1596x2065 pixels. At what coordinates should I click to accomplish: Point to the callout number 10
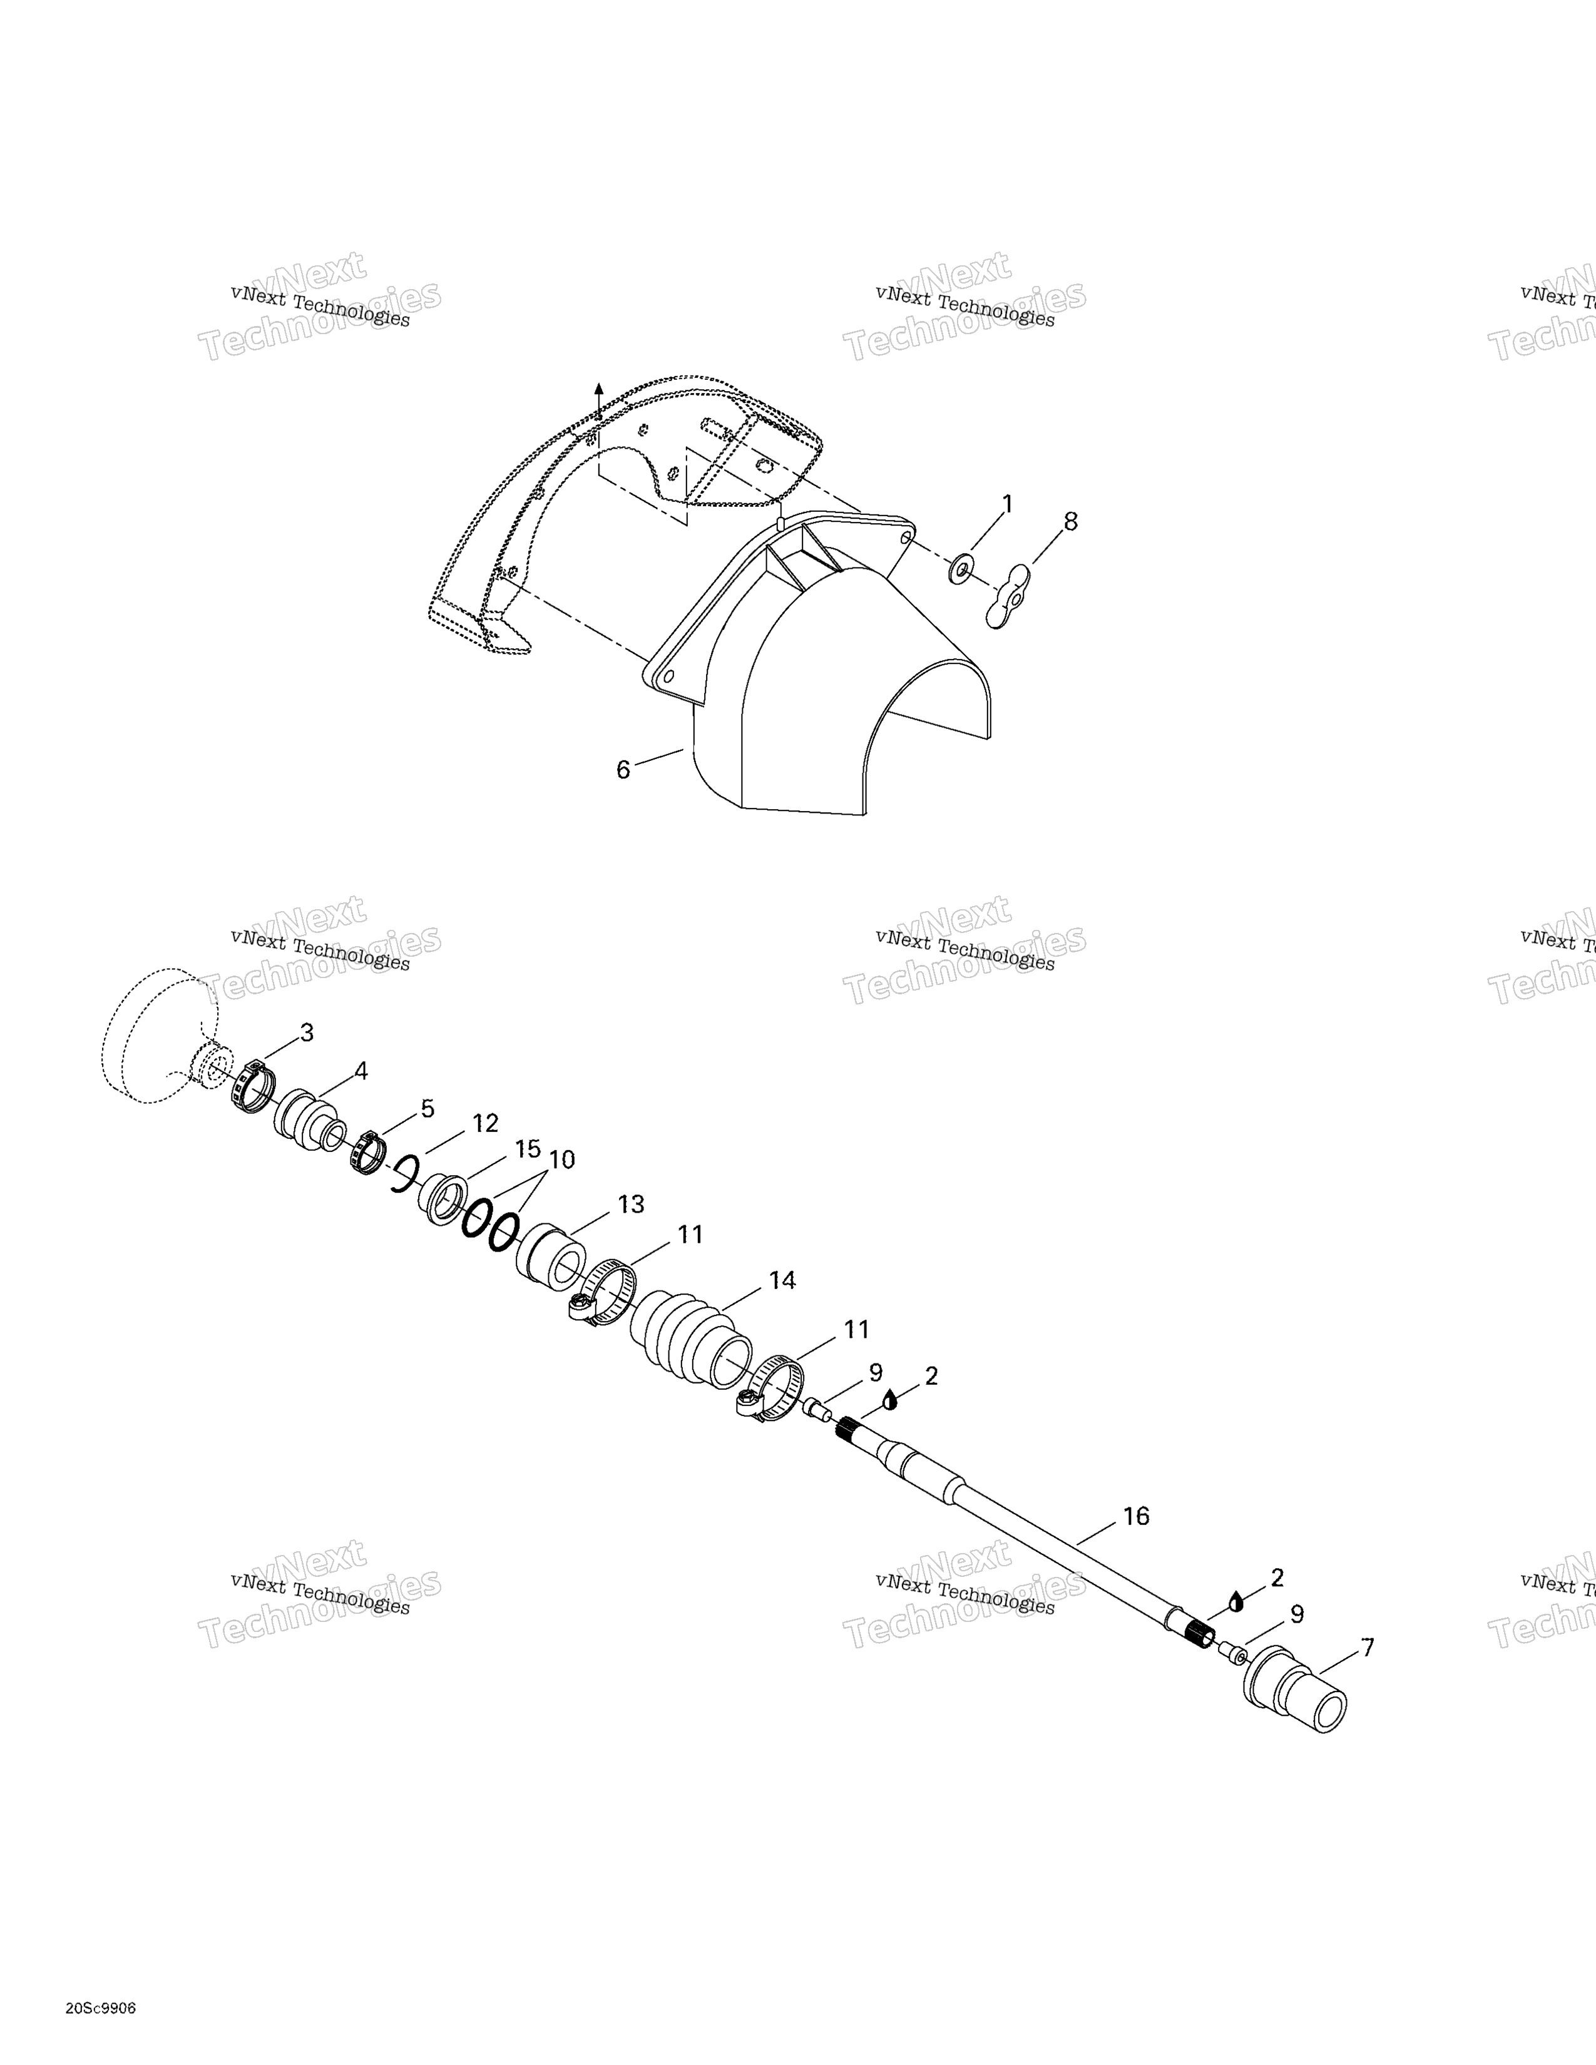[561, 1160]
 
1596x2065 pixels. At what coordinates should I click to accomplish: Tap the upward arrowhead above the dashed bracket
[598, 390]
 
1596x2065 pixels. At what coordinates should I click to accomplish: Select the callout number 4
[361, 1071]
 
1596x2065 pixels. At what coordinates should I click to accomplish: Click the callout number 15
[528, 1149]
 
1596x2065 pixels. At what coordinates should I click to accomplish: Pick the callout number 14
[782, 1280]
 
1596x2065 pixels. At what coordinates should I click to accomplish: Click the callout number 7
[1367, 1648]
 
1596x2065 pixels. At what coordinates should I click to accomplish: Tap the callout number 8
[1070, 521]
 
